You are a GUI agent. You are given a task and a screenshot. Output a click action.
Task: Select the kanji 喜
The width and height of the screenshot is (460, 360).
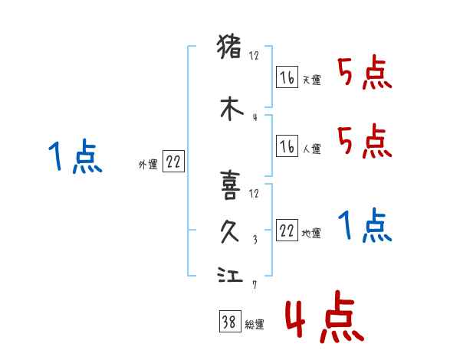tap(231, 184)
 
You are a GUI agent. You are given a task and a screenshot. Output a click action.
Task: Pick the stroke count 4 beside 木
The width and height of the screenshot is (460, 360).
tap(254, 117)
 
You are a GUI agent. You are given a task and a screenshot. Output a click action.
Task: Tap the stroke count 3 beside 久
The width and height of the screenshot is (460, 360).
tap(254, 239)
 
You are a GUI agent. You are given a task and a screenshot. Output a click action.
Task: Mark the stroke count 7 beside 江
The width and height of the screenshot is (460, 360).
tap(254, 286)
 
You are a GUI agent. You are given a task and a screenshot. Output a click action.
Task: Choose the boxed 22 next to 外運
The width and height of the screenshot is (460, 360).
tap(173, 162)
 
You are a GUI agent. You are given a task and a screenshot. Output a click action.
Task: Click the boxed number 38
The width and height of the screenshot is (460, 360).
tap(228, 323)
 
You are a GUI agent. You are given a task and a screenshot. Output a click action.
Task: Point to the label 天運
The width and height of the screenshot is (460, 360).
tap(311, 80)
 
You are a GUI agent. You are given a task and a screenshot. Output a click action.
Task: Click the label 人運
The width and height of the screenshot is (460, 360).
tap(311, 149)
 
